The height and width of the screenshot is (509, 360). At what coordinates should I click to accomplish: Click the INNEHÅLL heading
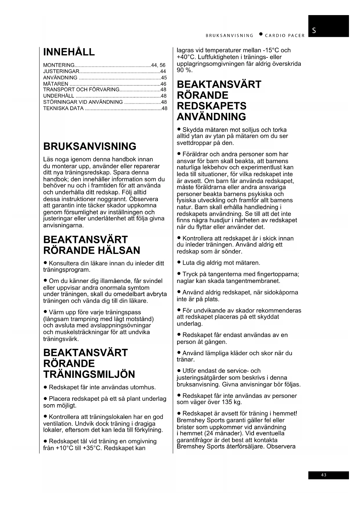(x=69, y=52)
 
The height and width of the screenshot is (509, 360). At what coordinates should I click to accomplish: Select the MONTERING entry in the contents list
(x=59, y=65)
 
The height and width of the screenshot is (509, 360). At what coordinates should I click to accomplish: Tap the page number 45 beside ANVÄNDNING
(x=164, y=78)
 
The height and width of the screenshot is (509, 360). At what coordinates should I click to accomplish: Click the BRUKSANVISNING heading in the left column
(x=90, y=147)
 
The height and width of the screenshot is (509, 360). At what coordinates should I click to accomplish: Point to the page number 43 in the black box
(x=324, y=475)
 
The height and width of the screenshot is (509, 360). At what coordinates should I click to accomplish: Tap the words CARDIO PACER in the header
(x=285, y=36)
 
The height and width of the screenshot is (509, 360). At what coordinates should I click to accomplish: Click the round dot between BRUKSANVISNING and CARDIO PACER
(x=261, y=35)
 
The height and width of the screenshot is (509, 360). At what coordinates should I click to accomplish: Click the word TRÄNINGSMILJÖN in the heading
(x=89, y=374)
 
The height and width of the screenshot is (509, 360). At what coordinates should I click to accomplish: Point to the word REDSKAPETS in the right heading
(x=211, y=106)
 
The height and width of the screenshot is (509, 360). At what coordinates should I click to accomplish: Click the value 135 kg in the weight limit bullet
(x=232, y=402)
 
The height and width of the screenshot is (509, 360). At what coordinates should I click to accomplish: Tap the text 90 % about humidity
(x=185, y=70)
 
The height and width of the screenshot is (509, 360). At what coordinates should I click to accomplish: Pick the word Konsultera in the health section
(x=64, y=263)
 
